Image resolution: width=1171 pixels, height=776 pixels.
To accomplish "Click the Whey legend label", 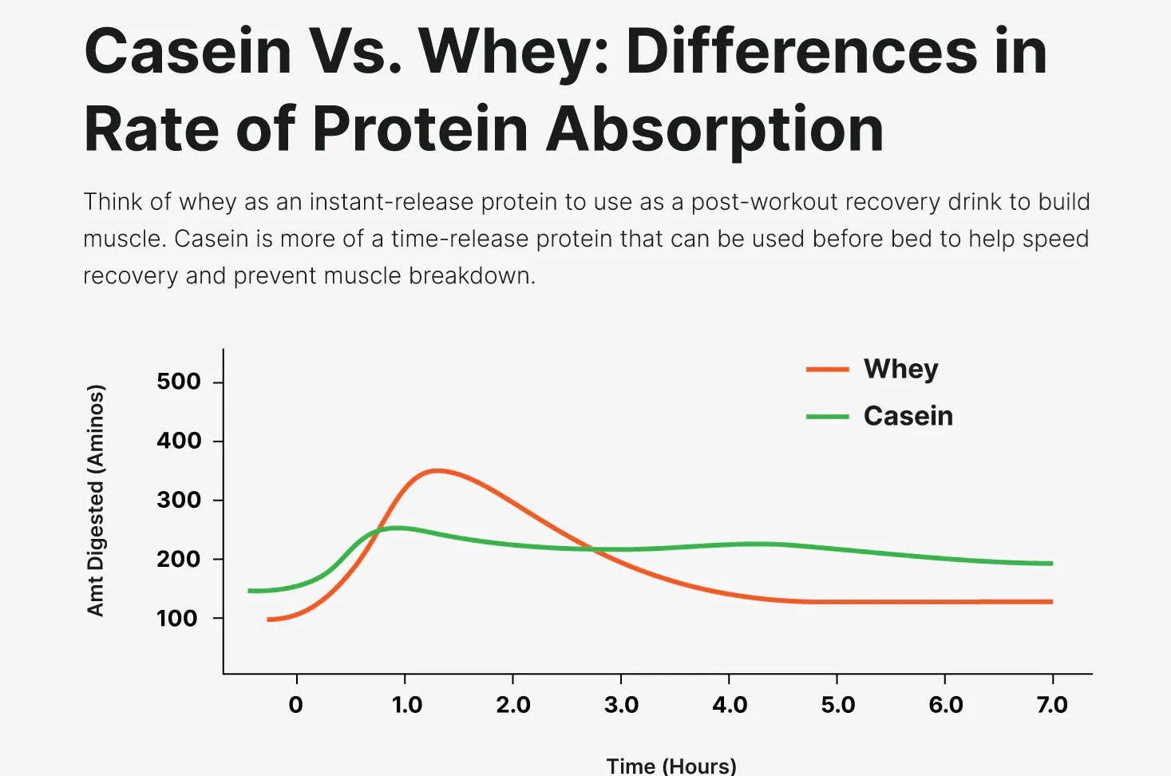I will pyautogui.click(x=900, y=369).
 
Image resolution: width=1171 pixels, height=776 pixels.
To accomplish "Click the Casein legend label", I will pyautogui.click(x=908, y=416).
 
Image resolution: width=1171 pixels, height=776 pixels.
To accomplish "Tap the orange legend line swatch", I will pyautogui.click(x=827, y=370).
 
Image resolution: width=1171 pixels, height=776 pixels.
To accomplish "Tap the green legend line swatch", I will pyautogui.click(x=827, y=417).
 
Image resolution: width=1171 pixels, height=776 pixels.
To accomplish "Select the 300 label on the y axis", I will pyautogui.click(x=179, y=501).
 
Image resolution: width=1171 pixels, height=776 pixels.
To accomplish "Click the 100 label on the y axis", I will pyautogui.click(x=177, y=618).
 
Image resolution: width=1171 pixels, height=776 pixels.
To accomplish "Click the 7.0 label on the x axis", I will pyautogui.click(x=1052, y=705).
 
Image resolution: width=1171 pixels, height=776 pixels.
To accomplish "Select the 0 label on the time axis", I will pyautogui.click(x=296, y=705).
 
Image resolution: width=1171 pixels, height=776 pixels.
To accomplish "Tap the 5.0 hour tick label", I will pyautogui.click(x=837, y=705).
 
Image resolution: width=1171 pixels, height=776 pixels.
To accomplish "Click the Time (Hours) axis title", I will pyautogui.click(x=671, y=766).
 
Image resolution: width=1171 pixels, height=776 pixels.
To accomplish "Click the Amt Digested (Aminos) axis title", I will pyautogui.click(x=96, y=501).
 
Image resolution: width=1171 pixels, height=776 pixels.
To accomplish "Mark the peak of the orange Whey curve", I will pyautogui.click(x=436, y=470).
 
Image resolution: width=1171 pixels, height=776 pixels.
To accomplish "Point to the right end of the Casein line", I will pyautogui.click(x=1050, y=564).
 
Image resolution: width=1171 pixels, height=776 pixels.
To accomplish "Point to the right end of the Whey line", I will pyautogui.click(x=1050, y=601).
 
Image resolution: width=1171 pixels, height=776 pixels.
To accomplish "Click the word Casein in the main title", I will pyautogui.click(x=188, y=51).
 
